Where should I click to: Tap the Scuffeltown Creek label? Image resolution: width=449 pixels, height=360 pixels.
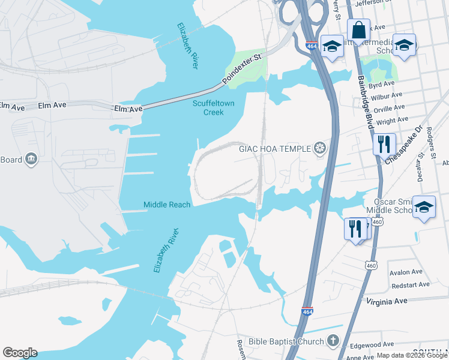[x=213, y=108]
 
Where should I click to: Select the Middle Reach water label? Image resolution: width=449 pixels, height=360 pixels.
[x=167, y=205]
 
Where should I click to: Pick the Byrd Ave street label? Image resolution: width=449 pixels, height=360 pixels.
[x=383, y=84]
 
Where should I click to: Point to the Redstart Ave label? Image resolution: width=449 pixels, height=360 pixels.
[x=410, y=284]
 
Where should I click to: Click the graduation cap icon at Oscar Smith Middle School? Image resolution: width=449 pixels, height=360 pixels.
[x=424, y=207]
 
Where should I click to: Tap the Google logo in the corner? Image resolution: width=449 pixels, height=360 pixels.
[x=20, y=353]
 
